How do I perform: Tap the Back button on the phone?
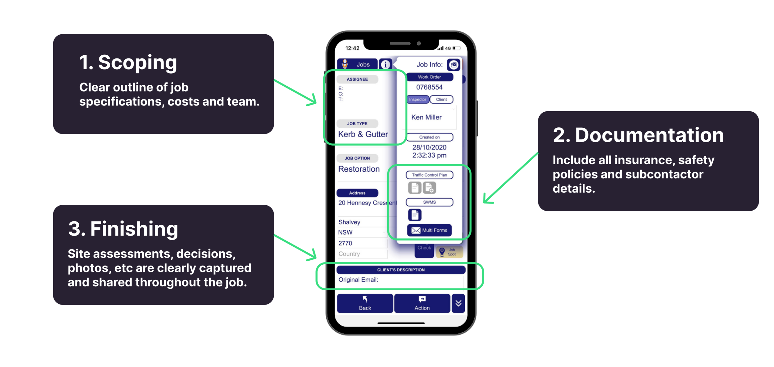tap(365, 303)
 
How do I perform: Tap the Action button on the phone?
tap(422, 303)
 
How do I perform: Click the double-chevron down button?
tap(458, 303)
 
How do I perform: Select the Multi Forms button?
tap(429, 230)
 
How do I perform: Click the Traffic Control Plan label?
tap(429, 175)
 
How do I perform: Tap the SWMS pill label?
tap(429, 202)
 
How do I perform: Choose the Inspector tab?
tap(417, 100)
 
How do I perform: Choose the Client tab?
tap(441, 100)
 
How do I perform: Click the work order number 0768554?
tap(429, 87)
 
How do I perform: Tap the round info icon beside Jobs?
tap(385, 65)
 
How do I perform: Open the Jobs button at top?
tap(358, 65)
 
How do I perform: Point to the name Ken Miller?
tap(426, 117)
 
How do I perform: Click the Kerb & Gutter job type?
tap(363, 134)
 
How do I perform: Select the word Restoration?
tap(359, 169)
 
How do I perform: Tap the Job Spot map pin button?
tap(449, 252)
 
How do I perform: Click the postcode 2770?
tap(345, 243)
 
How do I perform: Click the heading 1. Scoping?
tap(128, 62)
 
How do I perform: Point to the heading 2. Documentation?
tap(638, 135)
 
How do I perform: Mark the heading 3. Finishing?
tap(123, 229)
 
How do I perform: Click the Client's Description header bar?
tap(401, 270)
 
